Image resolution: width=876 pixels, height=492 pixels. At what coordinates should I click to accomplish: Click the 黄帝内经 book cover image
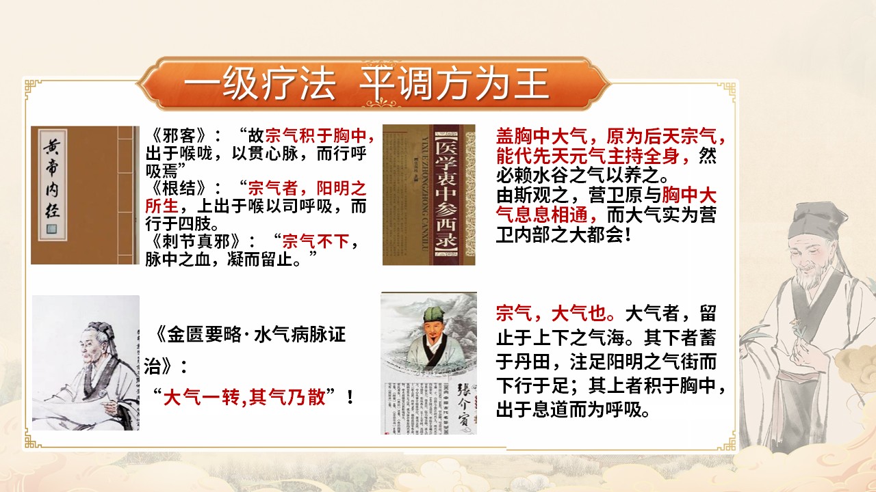pyautogui.click(x=84, y=195)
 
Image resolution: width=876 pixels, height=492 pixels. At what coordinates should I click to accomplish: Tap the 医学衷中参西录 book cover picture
pyautogui.click(x=429, y=195)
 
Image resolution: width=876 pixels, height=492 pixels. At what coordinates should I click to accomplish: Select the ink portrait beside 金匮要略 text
pyautogui.click(x=86, y=362)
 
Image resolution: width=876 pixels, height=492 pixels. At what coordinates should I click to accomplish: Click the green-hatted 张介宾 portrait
pyautogui.click(x=429, y=363)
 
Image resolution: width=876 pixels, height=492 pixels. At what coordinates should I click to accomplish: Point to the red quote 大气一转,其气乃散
pyautogui.click(x=244, y=397)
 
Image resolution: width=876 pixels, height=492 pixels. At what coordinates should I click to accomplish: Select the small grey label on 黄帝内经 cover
pyautogui.click(x=51, y=228)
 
